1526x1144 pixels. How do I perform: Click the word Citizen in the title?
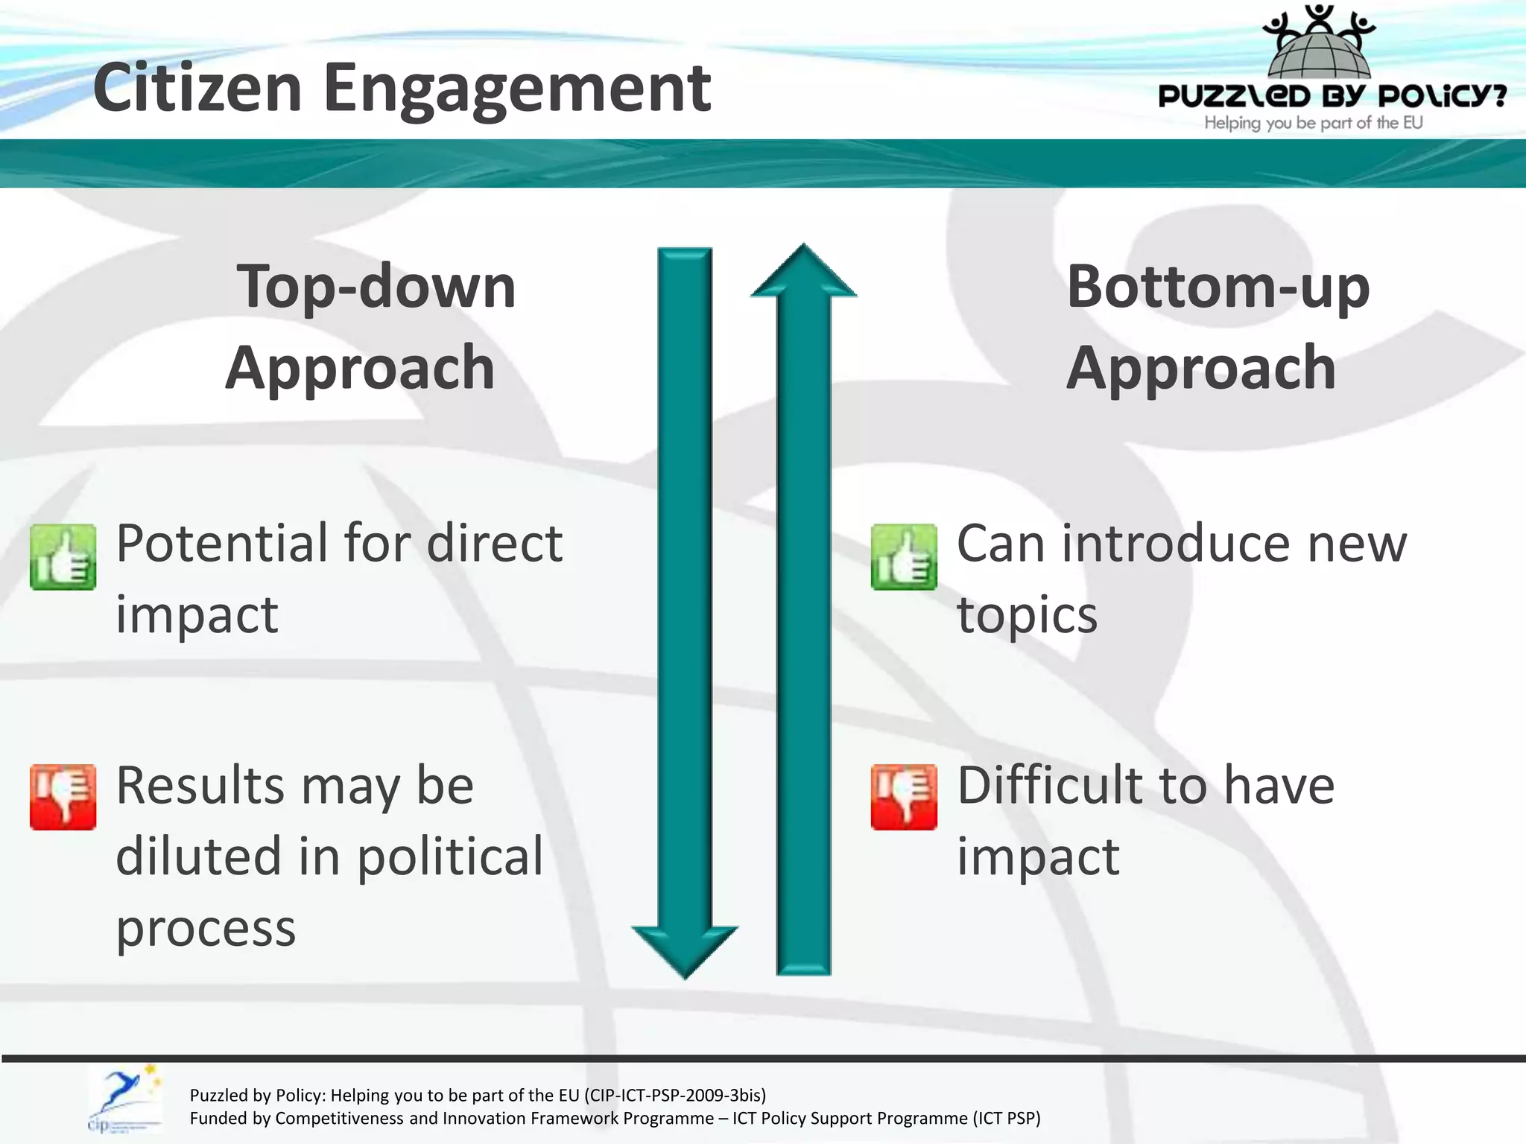coord(197,88)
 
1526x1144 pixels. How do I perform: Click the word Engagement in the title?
coord(516,89)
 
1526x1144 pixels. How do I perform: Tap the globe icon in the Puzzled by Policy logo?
coord(1319,52)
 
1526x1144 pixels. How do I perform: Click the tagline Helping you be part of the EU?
coord(1313,123)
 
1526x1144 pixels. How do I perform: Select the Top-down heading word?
coord(376,287)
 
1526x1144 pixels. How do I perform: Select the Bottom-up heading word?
coord(1218,287)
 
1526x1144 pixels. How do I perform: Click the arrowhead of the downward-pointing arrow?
coord(685,950)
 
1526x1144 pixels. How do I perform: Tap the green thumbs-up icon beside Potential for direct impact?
coord(63,557)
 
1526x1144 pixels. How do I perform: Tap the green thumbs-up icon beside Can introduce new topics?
coord(904,557)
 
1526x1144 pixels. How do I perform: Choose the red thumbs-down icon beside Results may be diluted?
coord(63,796)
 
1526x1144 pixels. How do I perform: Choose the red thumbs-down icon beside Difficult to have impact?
coord(904,796)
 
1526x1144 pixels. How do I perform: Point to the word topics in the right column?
coord(1027,616)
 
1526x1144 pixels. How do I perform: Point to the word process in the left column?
coord(206,929)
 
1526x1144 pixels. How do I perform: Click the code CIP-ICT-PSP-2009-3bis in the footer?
coord(674,1095)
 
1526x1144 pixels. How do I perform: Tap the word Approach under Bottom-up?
coord(1201,368)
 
